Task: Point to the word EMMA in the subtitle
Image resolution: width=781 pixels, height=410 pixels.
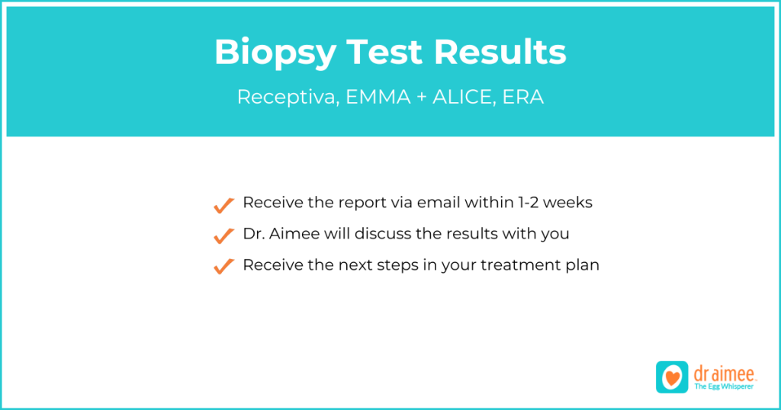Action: [x=373, y=98]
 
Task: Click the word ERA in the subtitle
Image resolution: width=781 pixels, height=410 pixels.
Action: [x=523, y=98]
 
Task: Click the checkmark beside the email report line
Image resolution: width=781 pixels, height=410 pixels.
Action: [x=223, y=205]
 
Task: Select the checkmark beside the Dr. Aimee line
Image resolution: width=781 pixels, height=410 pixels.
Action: [x=223, y=235]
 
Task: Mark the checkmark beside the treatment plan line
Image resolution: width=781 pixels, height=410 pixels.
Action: [x=223, y=266]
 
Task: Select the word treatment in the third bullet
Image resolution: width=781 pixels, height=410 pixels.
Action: [x=523, y=265]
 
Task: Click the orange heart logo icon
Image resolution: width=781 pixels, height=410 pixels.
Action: [x=672, y=377]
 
